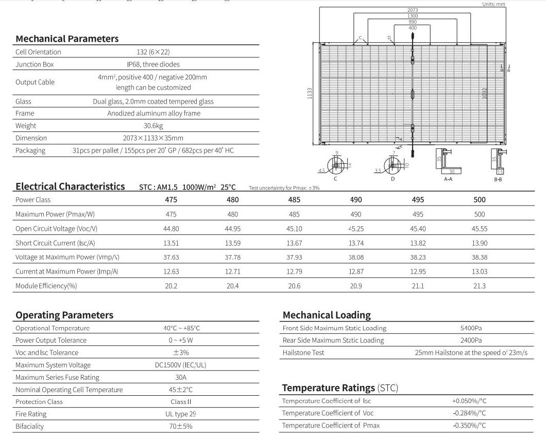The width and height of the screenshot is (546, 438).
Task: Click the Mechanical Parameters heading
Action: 67,39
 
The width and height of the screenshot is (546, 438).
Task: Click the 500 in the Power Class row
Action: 479,200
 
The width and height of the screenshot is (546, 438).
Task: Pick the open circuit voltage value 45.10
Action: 294,229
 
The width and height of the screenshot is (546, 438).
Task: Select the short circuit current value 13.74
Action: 356,243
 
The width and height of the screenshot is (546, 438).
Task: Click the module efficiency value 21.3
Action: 479,286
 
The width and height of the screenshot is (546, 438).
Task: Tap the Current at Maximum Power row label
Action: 67,272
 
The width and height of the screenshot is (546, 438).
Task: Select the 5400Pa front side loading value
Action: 471,328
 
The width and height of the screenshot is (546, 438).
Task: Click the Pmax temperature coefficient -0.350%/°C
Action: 469,426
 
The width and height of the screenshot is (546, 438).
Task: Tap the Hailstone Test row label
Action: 303,353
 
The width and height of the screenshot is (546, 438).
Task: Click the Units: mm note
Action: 493,4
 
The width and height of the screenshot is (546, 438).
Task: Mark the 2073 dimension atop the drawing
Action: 412,10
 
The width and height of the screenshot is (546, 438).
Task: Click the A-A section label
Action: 448,179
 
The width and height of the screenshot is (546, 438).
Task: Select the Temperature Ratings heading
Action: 340,388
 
